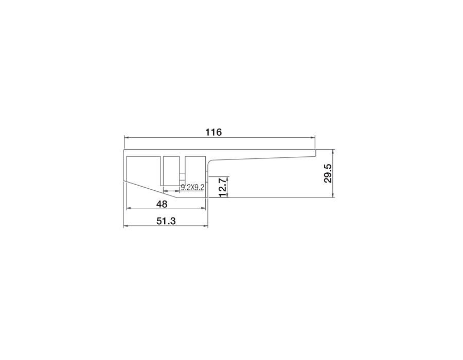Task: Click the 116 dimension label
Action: click(213, 132)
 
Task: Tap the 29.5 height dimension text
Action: click(328, 173)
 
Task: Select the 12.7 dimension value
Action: click(223, 187)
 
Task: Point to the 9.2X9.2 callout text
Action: click(192, 187)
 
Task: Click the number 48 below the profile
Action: click(162, 204)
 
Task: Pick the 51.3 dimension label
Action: click(166, 221)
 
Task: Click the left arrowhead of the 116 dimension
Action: click(126, 137)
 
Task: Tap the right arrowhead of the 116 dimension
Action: click(313, 137)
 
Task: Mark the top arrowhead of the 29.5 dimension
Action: click(333, 152)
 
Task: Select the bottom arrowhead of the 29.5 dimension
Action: click(333, 195)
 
